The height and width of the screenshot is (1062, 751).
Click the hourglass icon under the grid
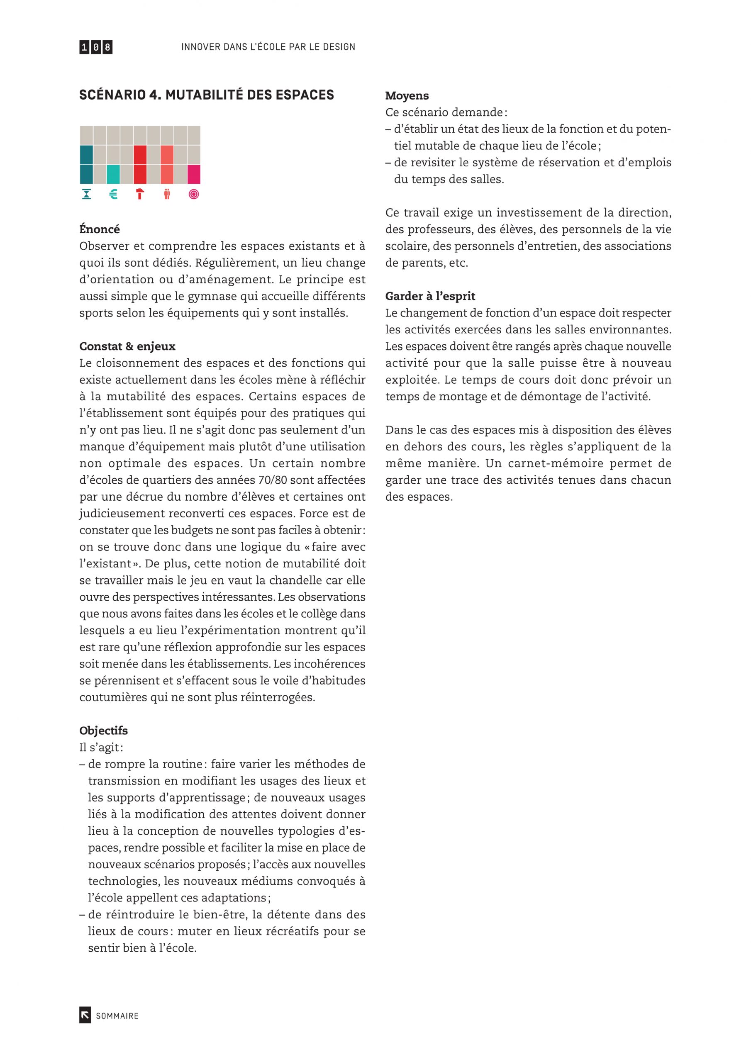point(86,194)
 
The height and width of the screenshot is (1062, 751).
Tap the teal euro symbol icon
point(113,194)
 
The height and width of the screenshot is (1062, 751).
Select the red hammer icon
point(140,194)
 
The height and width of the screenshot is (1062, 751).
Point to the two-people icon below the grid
point(167,194)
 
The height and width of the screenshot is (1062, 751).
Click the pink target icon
point(194,194)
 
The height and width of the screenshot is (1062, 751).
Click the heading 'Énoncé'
point(100,229)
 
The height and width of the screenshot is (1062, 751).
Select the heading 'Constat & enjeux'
point(127,346)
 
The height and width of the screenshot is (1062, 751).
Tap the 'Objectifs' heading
point(103,731)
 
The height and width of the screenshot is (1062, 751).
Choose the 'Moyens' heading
point(407,96)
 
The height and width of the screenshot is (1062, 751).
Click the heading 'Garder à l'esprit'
point(430,296)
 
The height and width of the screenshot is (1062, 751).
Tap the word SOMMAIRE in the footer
point(117,1016)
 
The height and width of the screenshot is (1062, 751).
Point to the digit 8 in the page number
point(107,47)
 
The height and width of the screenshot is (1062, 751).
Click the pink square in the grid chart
point(194,174)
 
